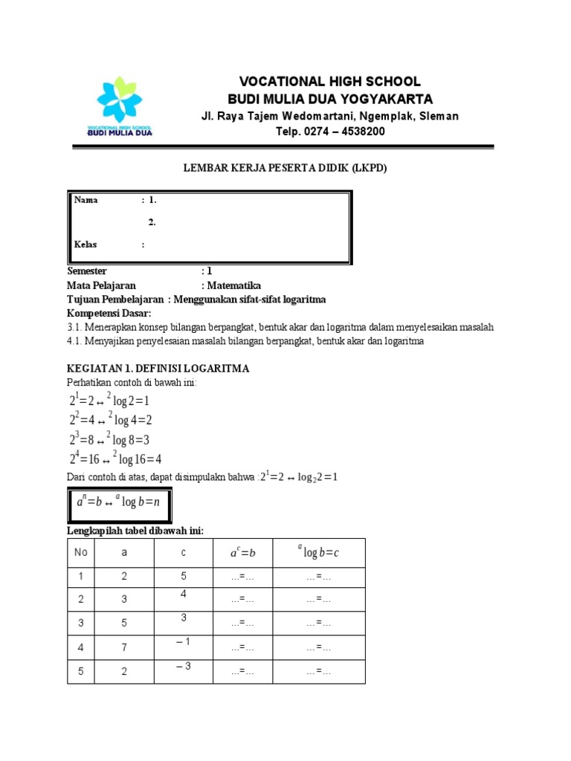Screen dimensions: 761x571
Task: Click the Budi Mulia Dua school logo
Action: (x=120, y=107)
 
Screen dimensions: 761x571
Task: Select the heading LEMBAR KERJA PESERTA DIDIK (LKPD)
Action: (x=285, y=169)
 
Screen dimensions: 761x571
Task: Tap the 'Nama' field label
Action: (x=86, y=201)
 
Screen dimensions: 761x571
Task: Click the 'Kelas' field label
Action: (x=86, y=245)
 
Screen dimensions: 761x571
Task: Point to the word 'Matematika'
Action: (x=234, y=285)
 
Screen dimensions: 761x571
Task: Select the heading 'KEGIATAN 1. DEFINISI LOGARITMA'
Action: (x=158, y=369)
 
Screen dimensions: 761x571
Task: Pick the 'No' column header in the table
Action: (x=81, y=553)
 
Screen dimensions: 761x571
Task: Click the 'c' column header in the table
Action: (x=184, y=553)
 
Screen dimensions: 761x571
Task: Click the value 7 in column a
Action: (x=123, y=648)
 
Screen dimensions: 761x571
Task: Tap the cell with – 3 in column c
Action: (x=184, y=666)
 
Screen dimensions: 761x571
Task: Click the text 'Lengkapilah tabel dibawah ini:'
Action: (x=135, y=530)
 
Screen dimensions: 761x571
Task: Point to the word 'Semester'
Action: (x=87, y=271)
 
